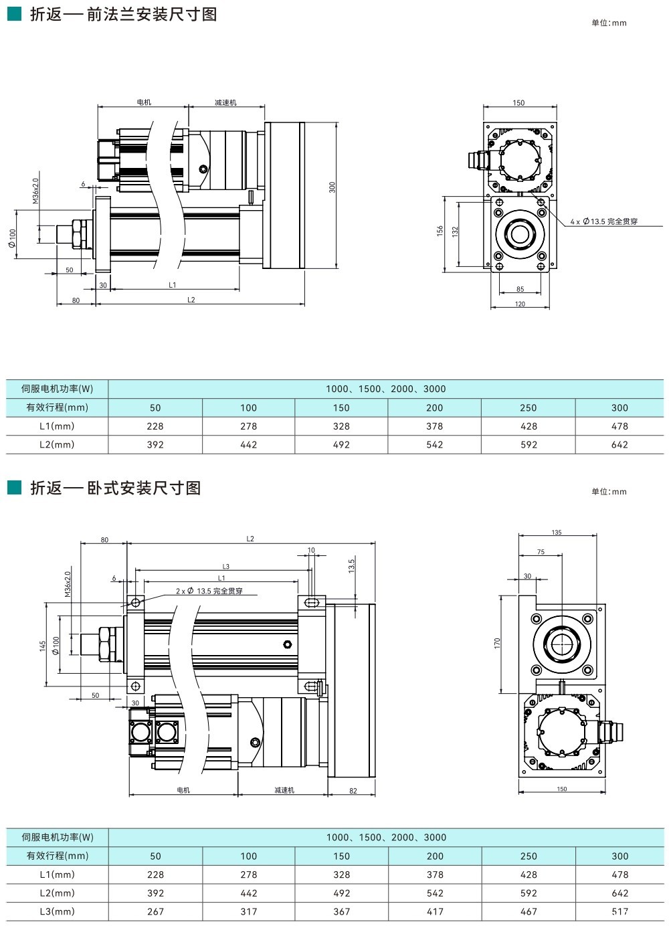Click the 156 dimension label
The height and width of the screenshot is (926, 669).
pyautogui.click(x=440, y=230)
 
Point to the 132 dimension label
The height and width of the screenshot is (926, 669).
pyautogui.click(x=455, y=231)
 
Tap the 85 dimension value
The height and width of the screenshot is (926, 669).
pyautogui.click(x=520, y=290)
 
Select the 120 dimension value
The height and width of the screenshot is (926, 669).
pyautogui.click(x=520, y=304)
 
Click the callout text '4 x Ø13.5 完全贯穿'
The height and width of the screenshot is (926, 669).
pyautogui.click(x=604, y=221)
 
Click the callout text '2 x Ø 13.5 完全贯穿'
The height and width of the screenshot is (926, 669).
pyautogui.click(x=209, y=591)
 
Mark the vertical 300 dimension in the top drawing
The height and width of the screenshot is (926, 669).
pyautogui.click(x=332, y=187)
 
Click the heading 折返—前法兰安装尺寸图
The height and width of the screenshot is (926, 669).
pyautogui.click(x=124, y=14)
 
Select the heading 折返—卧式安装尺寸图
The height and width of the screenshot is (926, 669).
pyautogui.click(x=116, y=488)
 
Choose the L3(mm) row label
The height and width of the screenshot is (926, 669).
pyautogui.click(x=57, y=911)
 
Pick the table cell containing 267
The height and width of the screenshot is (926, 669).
pyautogui.click(x=155, y=911)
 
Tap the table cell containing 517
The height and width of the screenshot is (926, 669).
pyautogui.click(x=619, y=911)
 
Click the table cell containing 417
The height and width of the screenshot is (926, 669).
pyautogui.click(x=435, y=911)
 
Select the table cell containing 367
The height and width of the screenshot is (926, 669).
pyautogui.click(x=341, y=911)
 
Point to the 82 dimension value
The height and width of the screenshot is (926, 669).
pyautogui.click(x=353, y=791)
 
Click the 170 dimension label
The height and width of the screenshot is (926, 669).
pyautogui.click(x=498, y=642)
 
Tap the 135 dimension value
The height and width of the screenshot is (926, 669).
pyautogui.click(x=557, y=533)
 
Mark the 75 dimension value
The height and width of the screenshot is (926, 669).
pyautogui.click(x=541, y=553)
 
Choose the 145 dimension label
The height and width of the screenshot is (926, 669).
pyautogui.click(x=43, y=646)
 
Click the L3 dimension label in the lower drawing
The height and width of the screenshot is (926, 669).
pyautogui.click(x=226, y=567)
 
